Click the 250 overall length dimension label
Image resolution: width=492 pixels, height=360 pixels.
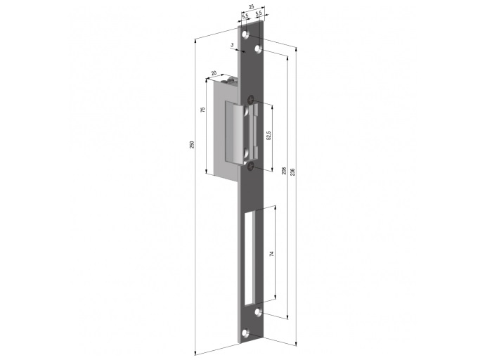pos(193,144)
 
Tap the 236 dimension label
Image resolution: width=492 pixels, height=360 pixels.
pos(292,172)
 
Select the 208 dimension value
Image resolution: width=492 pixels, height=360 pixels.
pos(284,170)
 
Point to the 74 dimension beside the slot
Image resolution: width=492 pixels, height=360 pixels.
pos(272,253)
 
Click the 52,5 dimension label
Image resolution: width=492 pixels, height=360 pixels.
pos(268,136)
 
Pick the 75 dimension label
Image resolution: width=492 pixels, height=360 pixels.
pos(202,110)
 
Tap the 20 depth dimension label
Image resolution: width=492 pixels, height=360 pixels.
pos(214,73)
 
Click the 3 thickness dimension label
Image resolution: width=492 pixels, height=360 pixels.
pos(232,45)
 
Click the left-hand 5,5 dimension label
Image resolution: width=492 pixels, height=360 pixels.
pos(245,15)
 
